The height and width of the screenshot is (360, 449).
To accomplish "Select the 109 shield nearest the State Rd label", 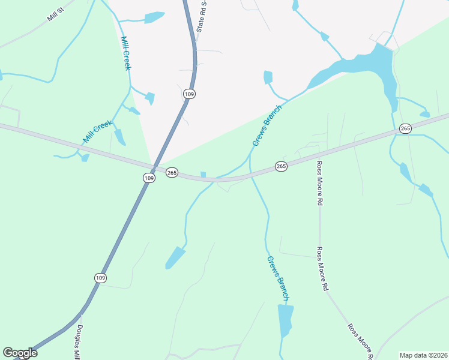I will (x=190, y=94).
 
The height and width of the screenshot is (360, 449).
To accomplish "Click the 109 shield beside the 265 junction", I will (x=149, y=178).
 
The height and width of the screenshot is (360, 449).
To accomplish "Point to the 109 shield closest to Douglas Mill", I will (x=100, y=277).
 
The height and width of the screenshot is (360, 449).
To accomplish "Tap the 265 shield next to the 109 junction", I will (x=172, y=173).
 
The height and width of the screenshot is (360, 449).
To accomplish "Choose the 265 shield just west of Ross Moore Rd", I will (x=281, y=166).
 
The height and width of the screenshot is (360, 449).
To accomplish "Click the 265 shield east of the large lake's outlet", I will (x=405, y=128).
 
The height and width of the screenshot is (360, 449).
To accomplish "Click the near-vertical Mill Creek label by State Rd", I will (x=125, y=53).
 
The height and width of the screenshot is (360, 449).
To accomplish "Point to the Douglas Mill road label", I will (x=78, y=342).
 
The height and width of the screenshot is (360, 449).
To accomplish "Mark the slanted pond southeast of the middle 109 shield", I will (x=175, y=257).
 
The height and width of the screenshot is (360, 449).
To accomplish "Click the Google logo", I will (x=20, y=353).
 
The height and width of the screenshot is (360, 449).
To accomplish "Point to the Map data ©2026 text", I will (x=423, y=355).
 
